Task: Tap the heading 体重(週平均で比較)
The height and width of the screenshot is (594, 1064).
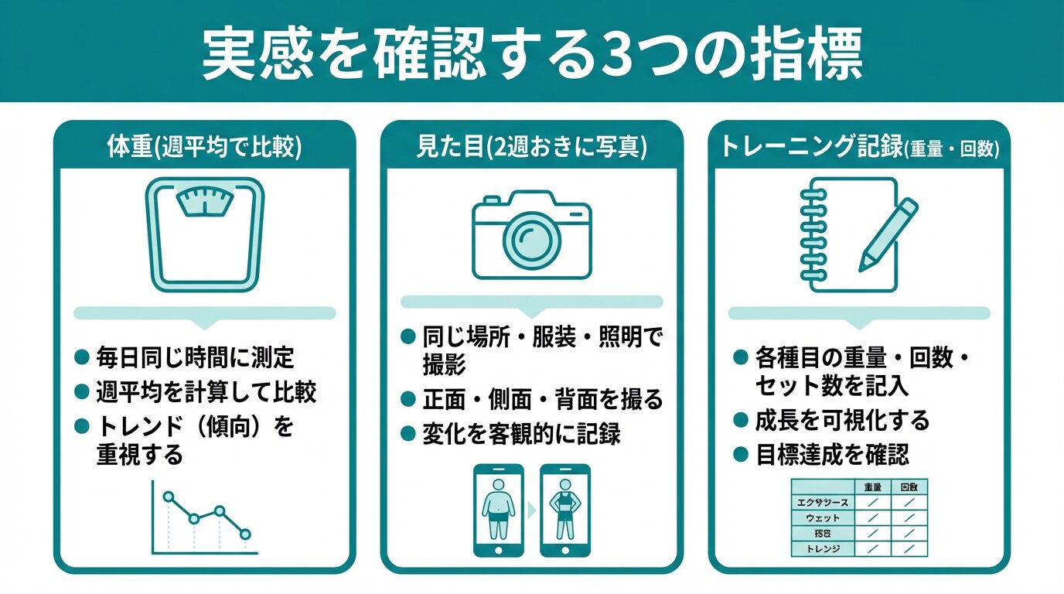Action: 204,148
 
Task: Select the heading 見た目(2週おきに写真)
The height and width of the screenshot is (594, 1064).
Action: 531,148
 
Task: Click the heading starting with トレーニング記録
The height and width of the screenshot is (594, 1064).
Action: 858,148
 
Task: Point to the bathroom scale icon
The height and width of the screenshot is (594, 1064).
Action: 205,235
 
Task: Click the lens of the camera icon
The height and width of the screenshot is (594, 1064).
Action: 532,234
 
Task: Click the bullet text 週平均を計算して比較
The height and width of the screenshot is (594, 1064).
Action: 206,391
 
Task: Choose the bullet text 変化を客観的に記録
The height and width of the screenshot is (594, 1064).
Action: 521,434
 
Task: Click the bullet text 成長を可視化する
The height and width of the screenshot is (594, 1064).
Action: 842,421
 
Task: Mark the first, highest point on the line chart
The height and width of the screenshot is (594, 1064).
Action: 169,497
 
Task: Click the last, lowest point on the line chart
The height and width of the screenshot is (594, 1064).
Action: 246,534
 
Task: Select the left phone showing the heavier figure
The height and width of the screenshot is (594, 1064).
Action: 498,510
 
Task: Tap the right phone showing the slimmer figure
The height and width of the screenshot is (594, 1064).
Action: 564,510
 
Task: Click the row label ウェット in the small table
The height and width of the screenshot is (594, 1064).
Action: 822,518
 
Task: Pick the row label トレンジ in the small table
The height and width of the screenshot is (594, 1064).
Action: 822,549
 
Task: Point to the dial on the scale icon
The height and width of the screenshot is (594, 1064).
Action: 205,201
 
